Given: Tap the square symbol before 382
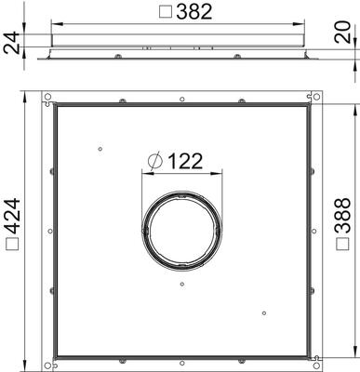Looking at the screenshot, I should point(164,12).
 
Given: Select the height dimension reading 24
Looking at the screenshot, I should point(12,44).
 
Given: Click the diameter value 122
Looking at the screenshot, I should point(186,161).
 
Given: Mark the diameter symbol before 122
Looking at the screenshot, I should point(155,162).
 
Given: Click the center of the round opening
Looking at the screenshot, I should point(181,227).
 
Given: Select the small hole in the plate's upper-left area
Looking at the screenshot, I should point(99,146).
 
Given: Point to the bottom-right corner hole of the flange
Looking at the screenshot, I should point(317,358).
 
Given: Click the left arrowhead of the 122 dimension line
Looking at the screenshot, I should point(143,172).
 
